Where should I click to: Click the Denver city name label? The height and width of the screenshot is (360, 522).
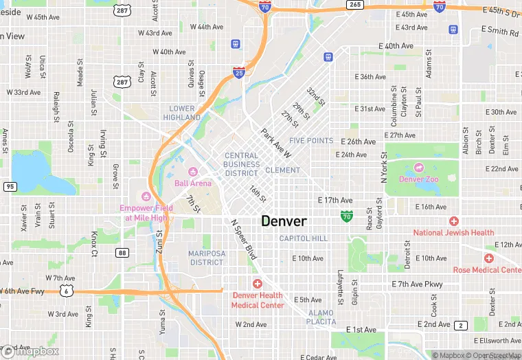click(x=284, y=221)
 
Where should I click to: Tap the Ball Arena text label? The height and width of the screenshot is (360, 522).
click(x=192, y=183)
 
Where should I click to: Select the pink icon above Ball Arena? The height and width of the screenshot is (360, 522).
click(x=193, y=171)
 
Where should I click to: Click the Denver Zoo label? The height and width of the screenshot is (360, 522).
click(x=418, y=179)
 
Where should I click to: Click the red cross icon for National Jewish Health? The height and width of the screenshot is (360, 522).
click(x=453, y=221)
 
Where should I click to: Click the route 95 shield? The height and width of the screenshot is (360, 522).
click(x=10, y=186)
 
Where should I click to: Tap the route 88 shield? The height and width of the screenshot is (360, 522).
click(x=122, y=253)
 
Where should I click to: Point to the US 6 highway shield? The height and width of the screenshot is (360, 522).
click(x=66, y=291)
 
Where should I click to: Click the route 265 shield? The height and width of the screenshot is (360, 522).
click(x=354, y=4)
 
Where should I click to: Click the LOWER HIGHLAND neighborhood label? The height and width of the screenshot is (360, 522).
click(x=182, y=113)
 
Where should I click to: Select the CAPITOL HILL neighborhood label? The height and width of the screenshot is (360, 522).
click(x=304, y=238)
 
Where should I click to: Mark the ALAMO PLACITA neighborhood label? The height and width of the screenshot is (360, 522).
click(x=320, y=317)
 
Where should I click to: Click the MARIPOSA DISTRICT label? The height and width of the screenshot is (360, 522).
click(x=207, y=258)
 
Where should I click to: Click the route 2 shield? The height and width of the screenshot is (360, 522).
click(x=461, y=325)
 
